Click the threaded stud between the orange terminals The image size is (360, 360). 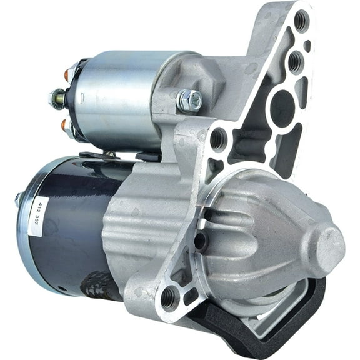coord(57,99)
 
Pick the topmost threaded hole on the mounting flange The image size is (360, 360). coord(301,21)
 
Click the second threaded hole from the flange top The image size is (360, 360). coord(295,61)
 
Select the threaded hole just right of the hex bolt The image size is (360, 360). coord(219,139)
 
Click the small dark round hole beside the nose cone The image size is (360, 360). coord(200,241)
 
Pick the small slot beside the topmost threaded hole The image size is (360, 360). coord(307,46)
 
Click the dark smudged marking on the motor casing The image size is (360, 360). coord(100,284)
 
